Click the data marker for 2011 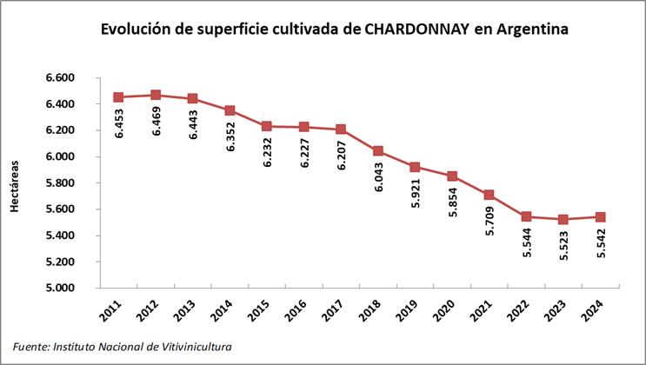[x=118, y=97]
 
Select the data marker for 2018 [x=378, y=151]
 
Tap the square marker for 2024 [x=601, y=216]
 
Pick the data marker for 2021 [x=489, y=195]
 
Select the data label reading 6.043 [x=378, y=177]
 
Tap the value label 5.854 [x=453, y=202]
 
